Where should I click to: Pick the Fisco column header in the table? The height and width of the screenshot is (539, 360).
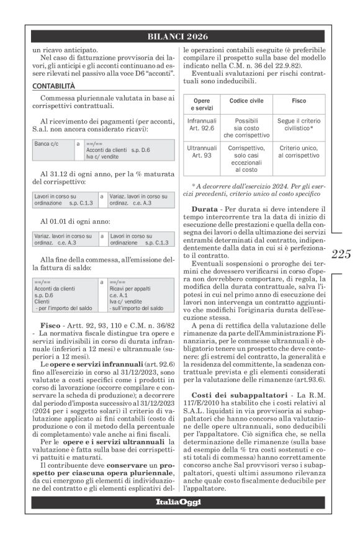[x=299, y=100]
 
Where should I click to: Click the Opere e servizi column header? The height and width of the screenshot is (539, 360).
[x=201, y=104]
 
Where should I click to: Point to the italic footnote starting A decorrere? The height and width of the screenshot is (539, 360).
[x=257, y=189]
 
